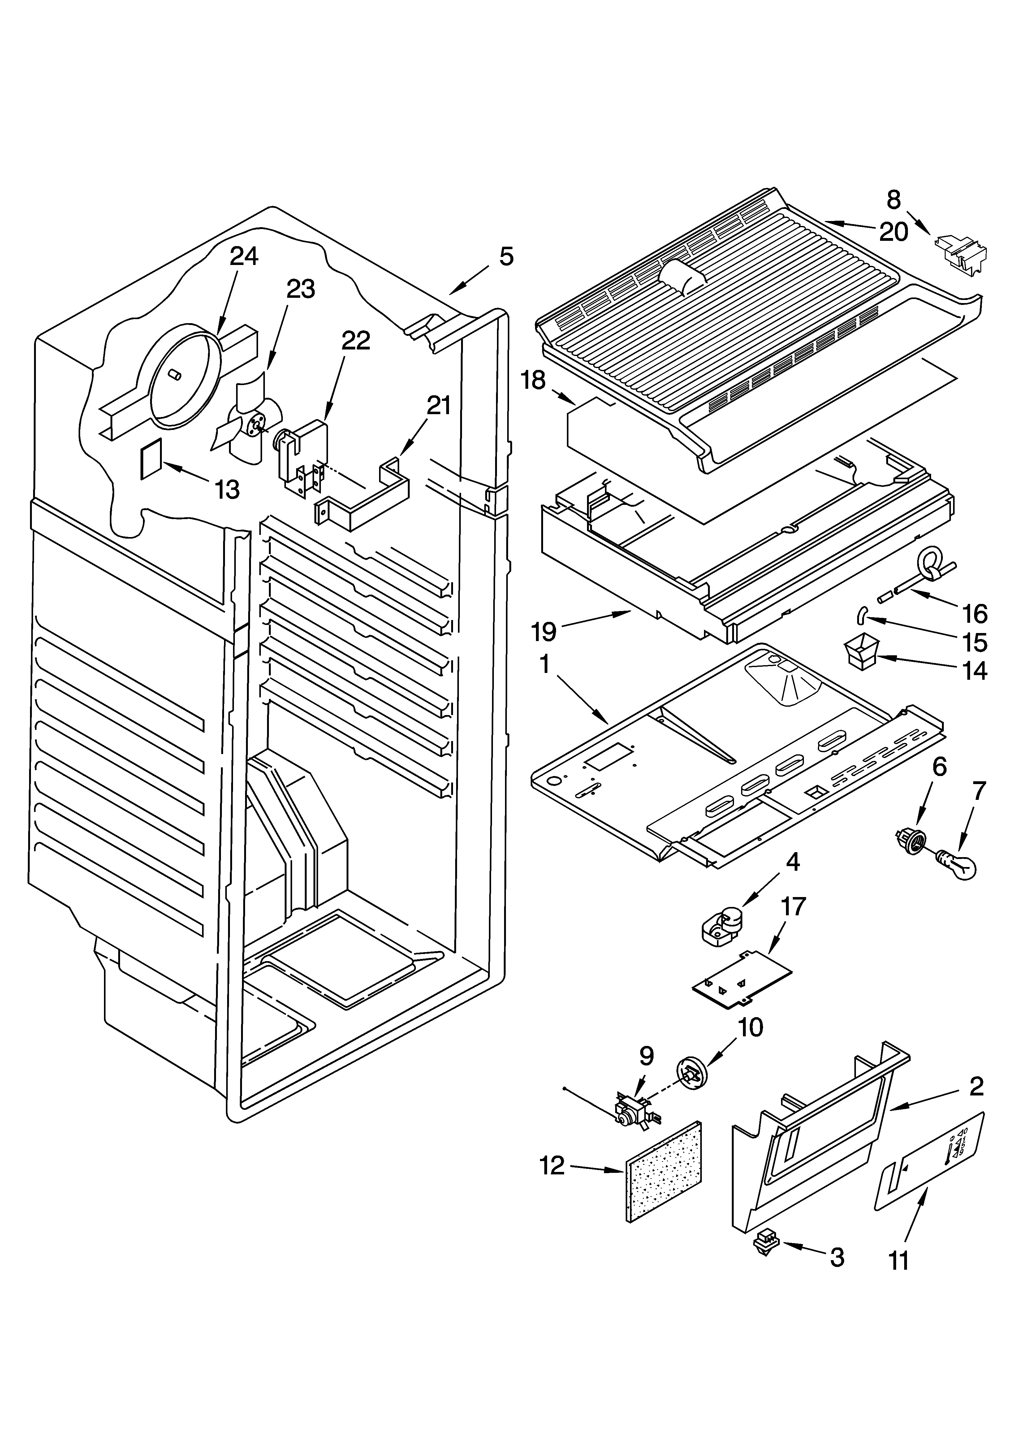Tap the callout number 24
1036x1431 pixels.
[244, 256]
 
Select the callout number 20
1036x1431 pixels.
[893, 232]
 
